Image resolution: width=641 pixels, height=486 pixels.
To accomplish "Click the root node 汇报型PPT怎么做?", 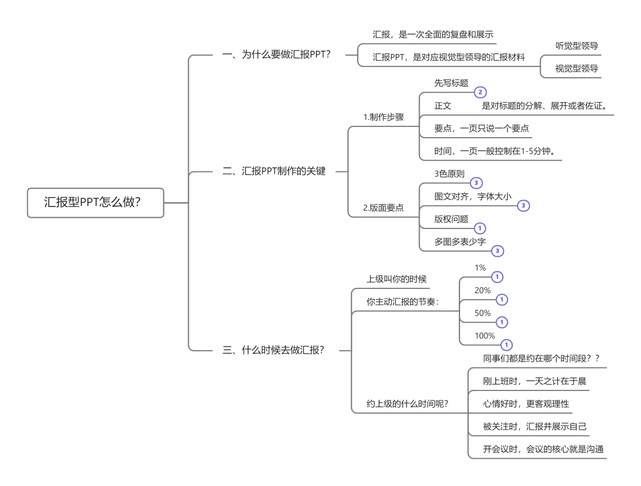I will point(95,202).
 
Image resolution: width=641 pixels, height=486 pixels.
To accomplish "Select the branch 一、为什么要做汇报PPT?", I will point(276,55).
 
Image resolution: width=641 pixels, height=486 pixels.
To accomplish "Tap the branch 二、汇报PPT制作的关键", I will point(274,171).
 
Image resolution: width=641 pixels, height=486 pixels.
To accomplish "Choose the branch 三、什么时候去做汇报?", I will point(274,350).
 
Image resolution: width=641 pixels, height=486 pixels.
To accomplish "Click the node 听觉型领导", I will point(576,46).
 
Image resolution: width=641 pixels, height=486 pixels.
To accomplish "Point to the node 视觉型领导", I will point(576,68).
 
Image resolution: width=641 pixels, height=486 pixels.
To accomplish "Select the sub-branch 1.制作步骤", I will point(383,117).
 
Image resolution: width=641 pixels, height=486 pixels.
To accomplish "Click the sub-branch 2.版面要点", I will point(383,208).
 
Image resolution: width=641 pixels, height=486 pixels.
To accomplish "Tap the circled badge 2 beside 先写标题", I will point(480,93).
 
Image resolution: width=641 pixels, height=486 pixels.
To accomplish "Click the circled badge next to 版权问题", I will point(480,228).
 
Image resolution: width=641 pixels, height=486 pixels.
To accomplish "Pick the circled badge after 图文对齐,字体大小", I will point(522,205).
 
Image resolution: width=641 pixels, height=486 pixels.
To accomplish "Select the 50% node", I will point(483,313).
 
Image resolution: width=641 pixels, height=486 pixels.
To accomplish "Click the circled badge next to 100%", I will point(506,345).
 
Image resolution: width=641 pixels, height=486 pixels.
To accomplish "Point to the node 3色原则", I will point(449,174).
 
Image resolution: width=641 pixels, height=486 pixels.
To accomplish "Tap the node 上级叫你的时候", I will point(396,279).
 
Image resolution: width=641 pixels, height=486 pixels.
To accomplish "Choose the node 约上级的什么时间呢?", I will point(407,404).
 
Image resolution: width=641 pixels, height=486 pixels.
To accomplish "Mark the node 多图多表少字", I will point(460,242).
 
